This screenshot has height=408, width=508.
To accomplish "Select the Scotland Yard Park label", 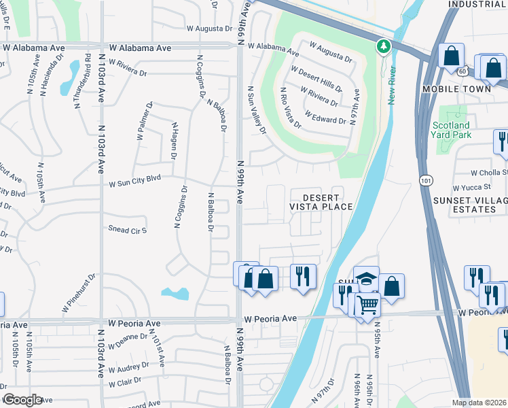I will (x=451, y=130).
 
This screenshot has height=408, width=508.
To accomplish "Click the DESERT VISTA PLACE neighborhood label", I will (x=321, y=201).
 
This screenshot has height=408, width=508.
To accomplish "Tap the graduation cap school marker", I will (x=366, y=279).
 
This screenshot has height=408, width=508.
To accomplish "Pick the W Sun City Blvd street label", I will (x=134, y=184).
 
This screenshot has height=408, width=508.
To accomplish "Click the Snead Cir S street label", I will (x=128, y=229).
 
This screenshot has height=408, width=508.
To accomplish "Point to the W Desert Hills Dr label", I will (x=316, y=78).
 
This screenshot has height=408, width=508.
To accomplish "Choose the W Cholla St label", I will (x=489, y=173).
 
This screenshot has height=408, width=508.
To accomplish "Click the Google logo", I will (x=22, y=399).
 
